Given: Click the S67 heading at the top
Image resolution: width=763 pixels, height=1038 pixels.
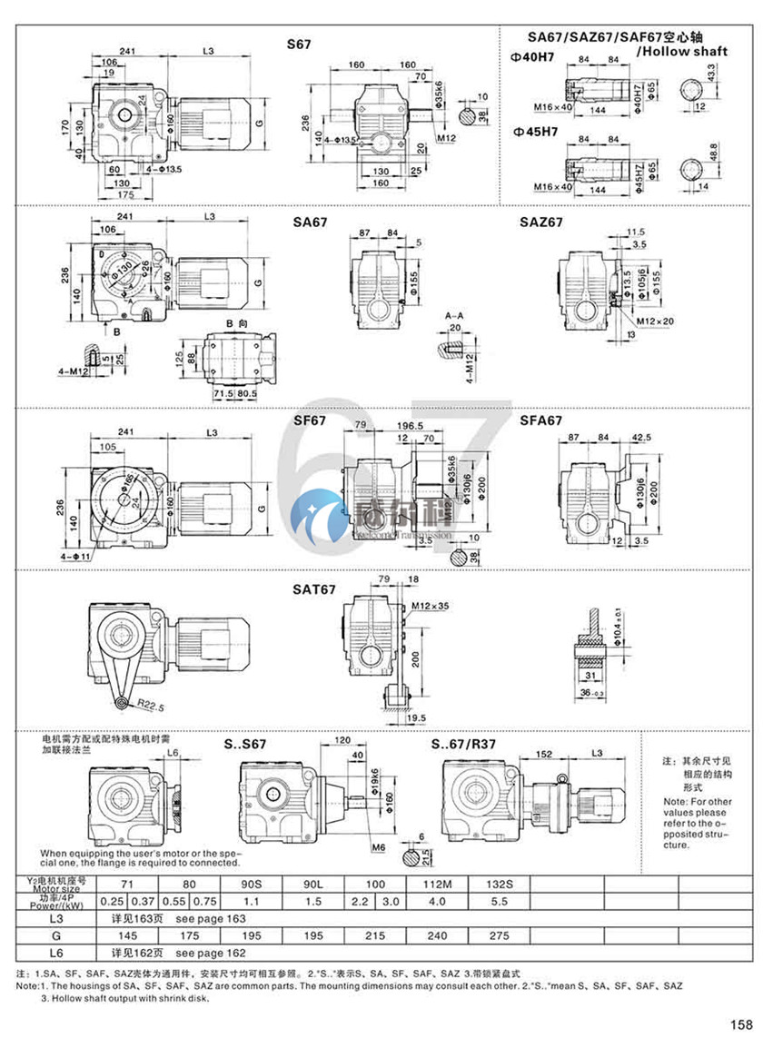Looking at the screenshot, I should point(299,43).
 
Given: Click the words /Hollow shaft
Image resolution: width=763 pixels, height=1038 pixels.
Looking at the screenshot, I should point(682,52).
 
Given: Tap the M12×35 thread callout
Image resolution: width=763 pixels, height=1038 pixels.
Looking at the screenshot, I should point(429,605).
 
